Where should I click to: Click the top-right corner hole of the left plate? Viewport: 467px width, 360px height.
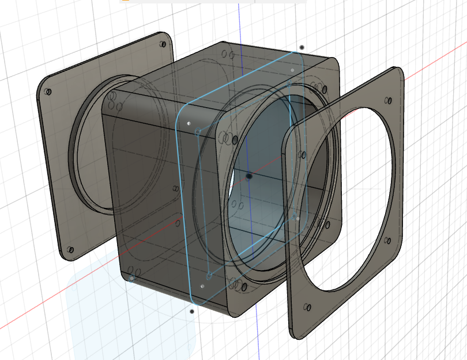(x=161, y=44)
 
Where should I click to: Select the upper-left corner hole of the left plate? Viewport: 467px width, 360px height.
(x=48, y=92)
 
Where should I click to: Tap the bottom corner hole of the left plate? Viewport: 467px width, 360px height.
(x=70, y=251)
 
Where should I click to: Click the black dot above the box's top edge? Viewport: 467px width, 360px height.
(x=302, y=47)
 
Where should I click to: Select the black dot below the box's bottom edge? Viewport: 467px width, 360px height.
(x=192, y=312)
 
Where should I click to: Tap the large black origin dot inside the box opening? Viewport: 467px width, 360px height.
(x=249, y=176)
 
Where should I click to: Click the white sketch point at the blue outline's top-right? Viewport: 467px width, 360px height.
(x=292, y=70)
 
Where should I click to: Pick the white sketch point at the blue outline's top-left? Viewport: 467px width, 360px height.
(x=189, y=123)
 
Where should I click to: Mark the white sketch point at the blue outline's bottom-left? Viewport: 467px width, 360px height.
(x=202, y=285)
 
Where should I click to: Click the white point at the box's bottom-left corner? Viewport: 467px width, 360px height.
(x=132, y=279)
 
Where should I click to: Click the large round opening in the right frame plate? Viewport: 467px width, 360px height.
(x=352, y=196)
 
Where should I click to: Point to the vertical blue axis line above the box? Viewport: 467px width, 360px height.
(x=239, y=23)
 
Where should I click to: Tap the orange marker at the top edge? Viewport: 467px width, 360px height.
(x=123, y=1)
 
